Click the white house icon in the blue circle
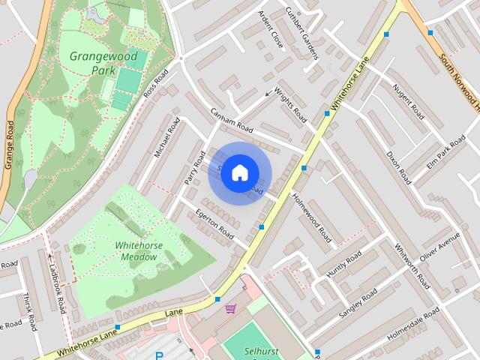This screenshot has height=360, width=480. (x=239, y=172)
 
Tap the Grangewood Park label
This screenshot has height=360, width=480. (x=95, y=63)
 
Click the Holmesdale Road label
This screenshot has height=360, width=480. (x=413, y=325)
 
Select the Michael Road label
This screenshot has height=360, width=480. (x=168, y=136)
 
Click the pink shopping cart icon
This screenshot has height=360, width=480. (x=230, y=308)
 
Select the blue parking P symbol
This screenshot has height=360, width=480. (x=158, y=356)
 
